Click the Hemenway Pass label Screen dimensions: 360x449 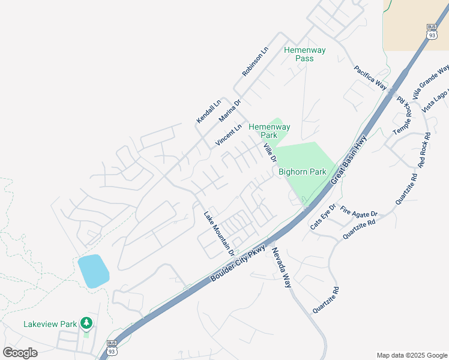304,55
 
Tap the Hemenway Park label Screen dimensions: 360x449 270,131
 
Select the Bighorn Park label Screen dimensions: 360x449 302,172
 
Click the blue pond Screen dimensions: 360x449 93,271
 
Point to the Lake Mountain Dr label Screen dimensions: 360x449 218,231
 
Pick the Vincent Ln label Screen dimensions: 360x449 228,136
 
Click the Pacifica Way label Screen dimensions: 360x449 370,77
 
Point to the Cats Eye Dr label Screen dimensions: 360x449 323,217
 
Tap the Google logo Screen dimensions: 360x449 20,353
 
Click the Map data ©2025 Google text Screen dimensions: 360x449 411,355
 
